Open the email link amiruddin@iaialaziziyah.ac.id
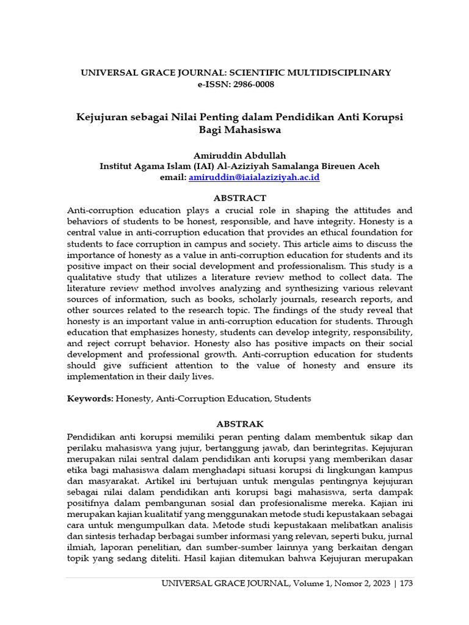(x=254, y=177)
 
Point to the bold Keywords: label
(x=90, y=399)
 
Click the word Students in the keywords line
(x=293, y=399)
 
